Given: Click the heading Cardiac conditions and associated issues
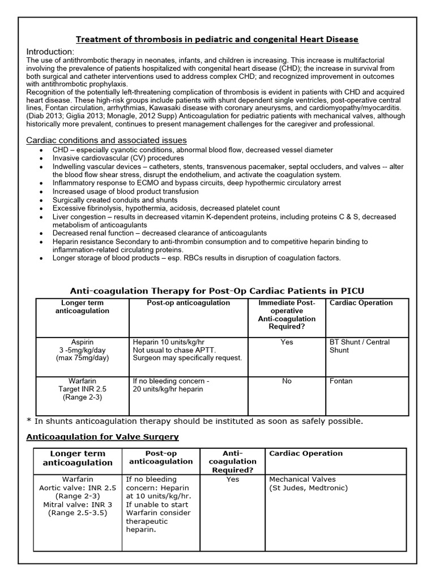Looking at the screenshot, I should [x=106, y=140].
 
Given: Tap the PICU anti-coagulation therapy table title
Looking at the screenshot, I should [x=217, y=290].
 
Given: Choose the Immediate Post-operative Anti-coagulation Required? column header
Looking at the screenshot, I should [x=287, y=315].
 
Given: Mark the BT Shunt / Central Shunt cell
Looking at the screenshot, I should [x=359, y=346].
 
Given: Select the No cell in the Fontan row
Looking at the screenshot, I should [x=287, y=381].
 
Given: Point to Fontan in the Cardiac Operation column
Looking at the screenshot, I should [x=341, y=381].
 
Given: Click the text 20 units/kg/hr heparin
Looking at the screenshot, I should [x=168, y=389].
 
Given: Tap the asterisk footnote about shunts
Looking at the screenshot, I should [x=194, y=421].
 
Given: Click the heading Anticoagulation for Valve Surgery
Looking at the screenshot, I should [x=103, y=436].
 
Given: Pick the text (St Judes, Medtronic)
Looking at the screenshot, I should [x=308, y=488].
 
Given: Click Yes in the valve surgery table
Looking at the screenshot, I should [x=233, y=479].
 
